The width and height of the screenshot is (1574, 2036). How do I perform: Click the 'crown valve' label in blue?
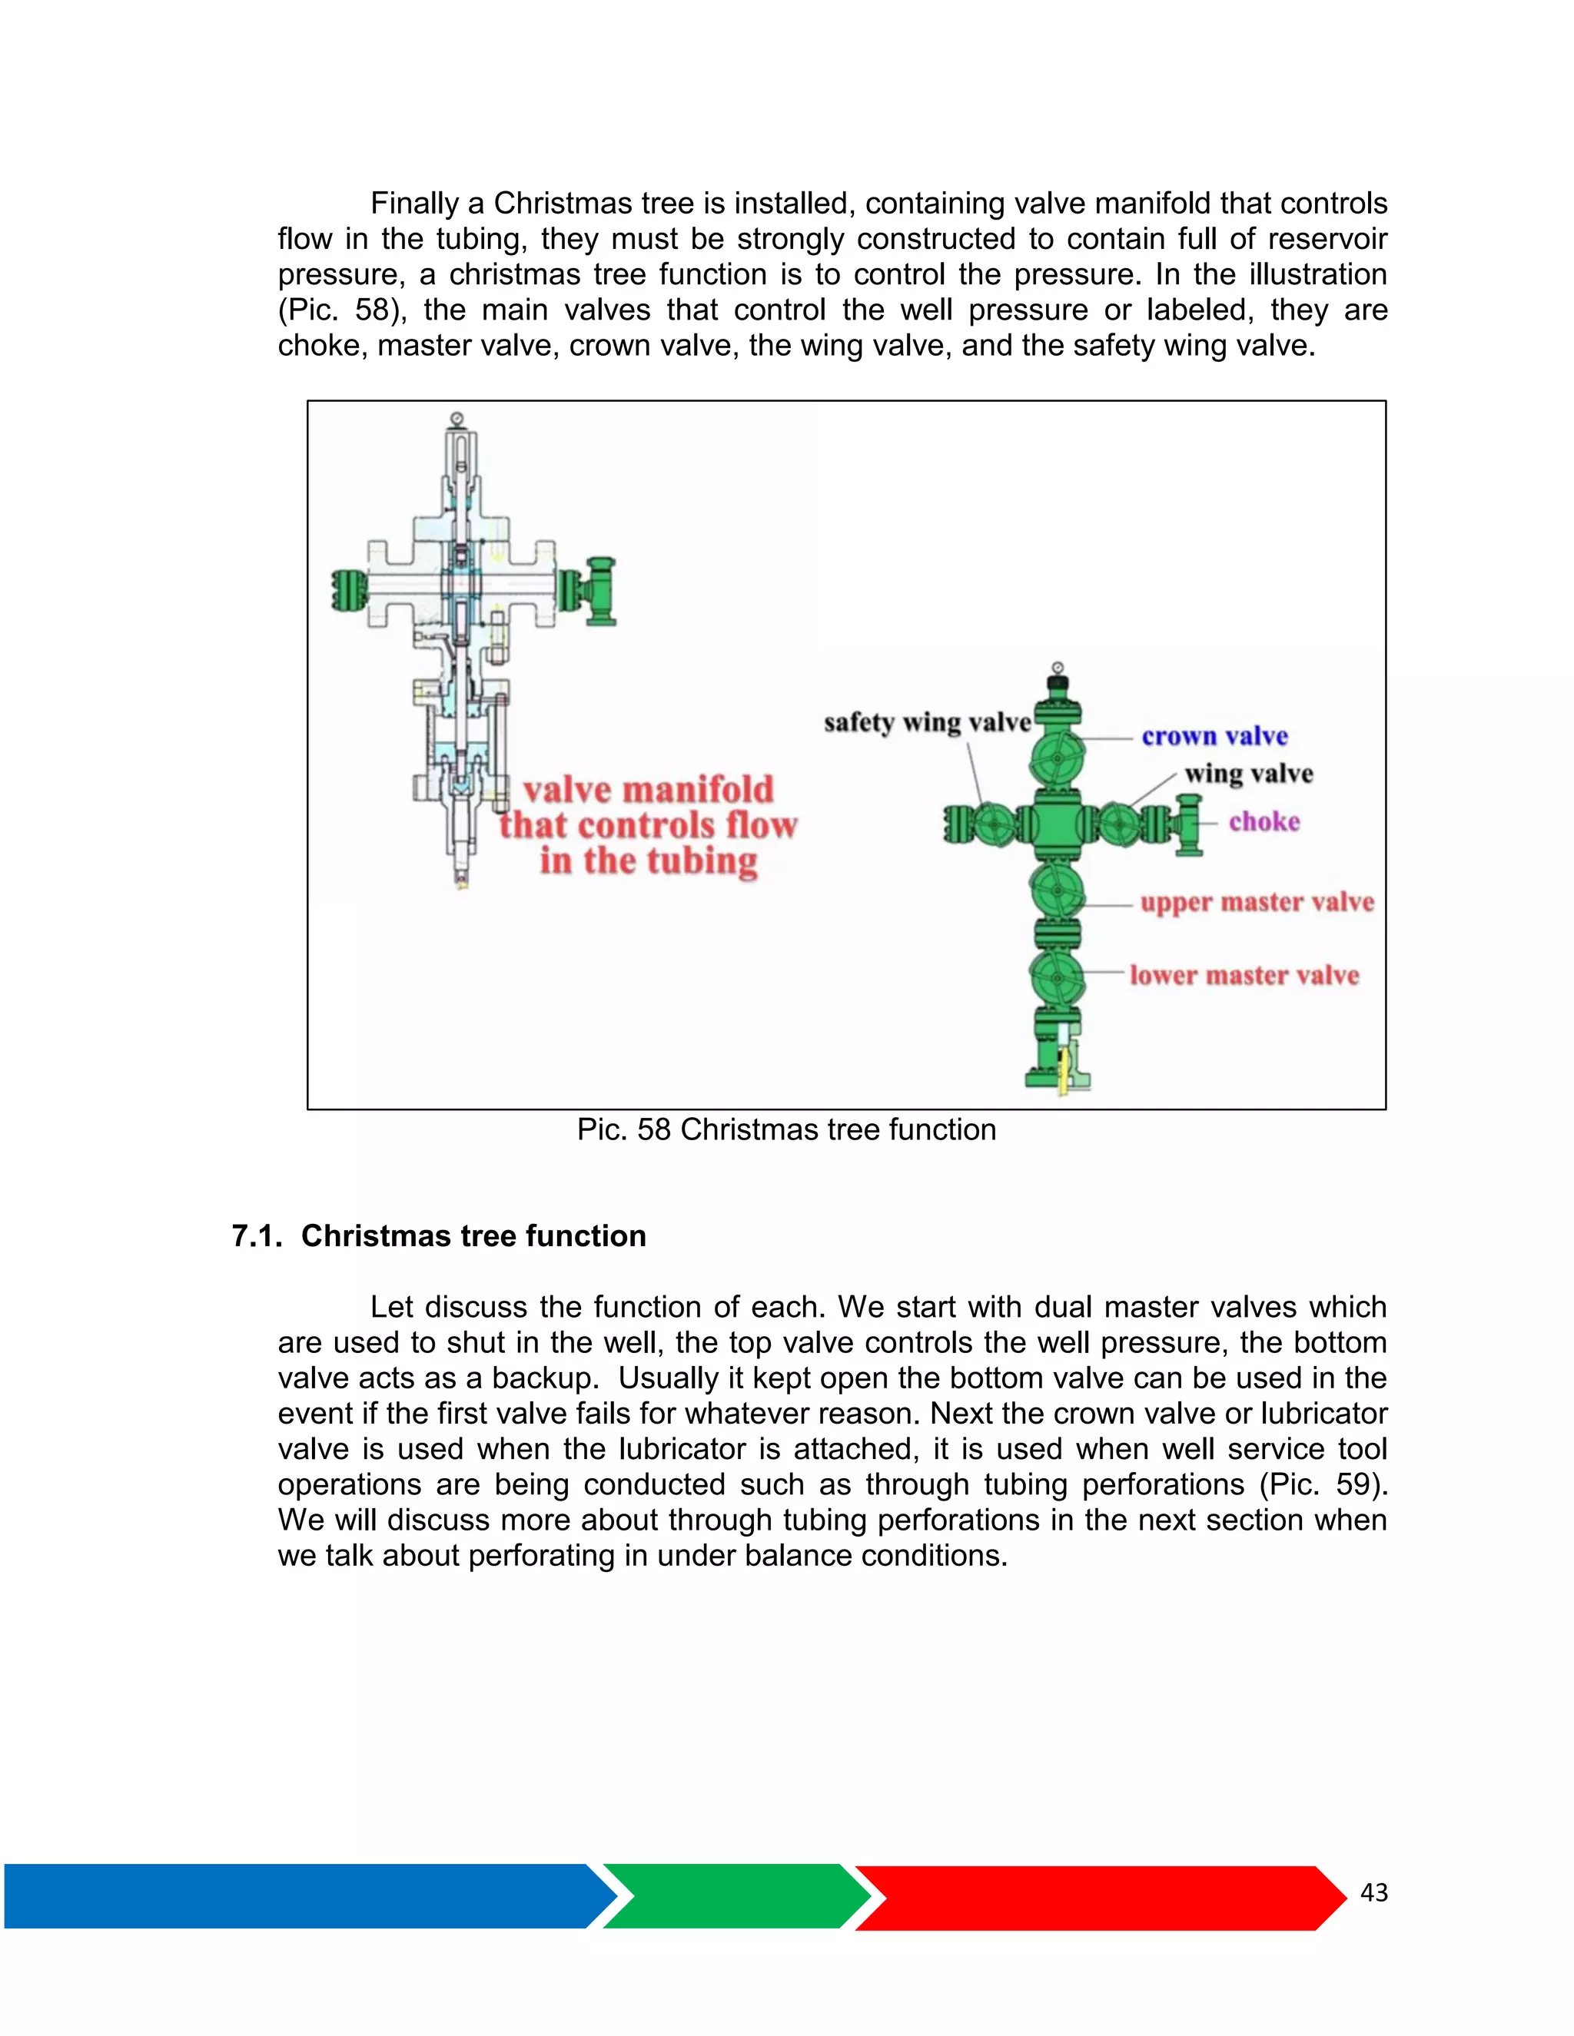1214,737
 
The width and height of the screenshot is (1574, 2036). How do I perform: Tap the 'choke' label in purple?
1264,821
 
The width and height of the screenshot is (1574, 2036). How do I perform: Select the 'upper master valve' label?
1256,903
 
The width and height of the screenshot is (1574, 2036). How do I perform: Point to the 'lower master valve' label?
1244,975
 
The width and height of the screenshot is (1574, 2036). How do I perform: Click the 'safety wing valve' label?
927,722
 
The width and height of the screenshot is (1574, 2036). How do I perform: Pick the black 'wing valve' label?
1249,774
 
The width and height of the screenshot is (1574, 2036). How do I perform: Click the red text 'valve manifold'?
648,790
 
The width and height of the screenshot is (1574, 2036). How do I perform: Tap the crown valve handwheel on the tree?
1058,757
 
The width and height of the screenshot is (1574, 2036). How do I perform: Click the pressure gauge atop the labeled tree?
1058,668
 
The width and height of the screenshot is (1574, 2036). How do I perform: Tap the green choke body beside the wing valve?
1189,824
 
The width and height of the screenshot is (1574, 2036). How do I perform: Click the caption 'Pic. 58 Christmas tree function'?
786,1130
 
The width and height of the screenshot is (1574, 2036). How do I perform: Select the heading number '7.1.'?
257,1236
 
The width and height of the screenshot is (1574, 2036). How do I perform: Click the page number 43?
1373,1892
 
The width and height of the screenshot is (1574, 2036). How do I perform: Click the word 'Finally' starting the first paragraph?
414,204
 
